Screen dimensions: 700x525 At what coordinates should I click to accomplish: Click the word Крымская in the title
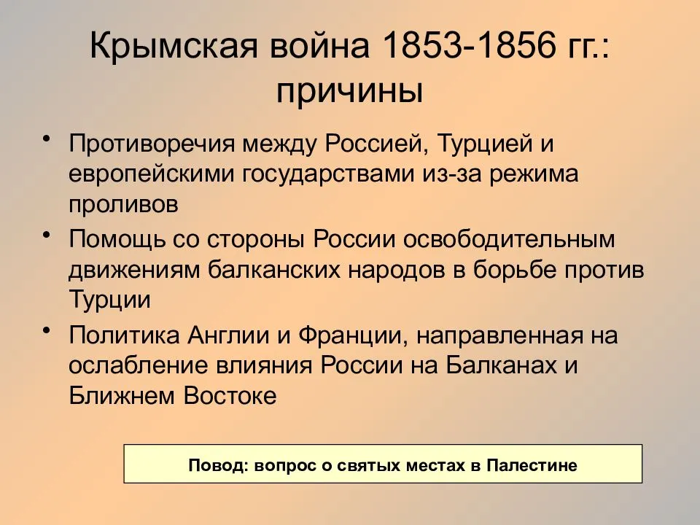[174, 45]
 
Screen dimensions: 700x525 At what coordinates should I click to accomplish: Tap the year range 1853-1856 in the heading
[468, 45]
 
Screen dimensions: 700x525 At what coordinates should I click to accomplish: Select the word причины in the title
[349, 92]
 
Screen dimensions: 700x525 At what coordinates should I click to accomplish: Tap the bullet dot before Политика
[45, 330]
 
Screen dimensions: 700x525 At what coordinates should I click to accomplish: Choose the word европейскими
[152, 174]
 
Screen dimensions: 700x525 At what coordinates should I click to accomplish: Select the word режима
[534, 174]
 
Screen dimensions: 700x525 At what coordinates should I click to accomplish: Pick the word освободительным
[510, 239]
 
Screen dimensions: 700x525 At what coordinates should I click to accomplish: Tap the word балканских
[274, 270]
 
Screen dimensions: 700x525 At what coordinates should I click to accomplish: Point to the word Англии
[228, 335]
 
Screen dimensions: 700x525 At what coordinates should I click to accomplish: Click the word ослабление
[139, 365]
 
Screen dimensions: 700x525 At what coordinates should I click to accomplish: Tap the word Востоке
[230, 395]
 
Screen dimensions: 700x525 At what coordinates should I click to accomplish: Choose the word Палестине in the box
[532, 465]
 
